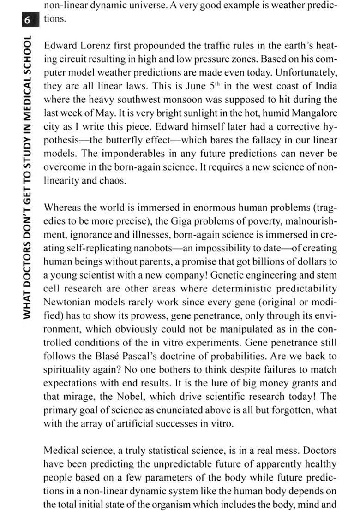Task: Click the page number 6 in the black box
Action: [x=28, y=20]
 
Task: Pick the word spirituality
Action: [x=68, y=369]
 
